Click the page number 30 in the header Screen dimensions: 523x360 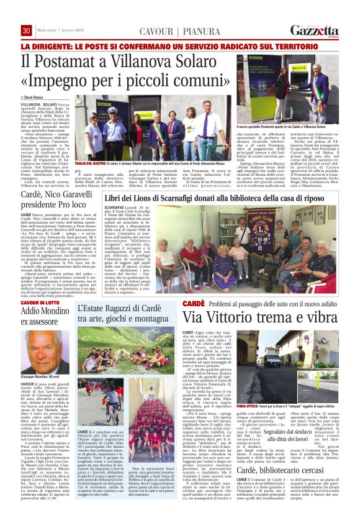27,31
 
